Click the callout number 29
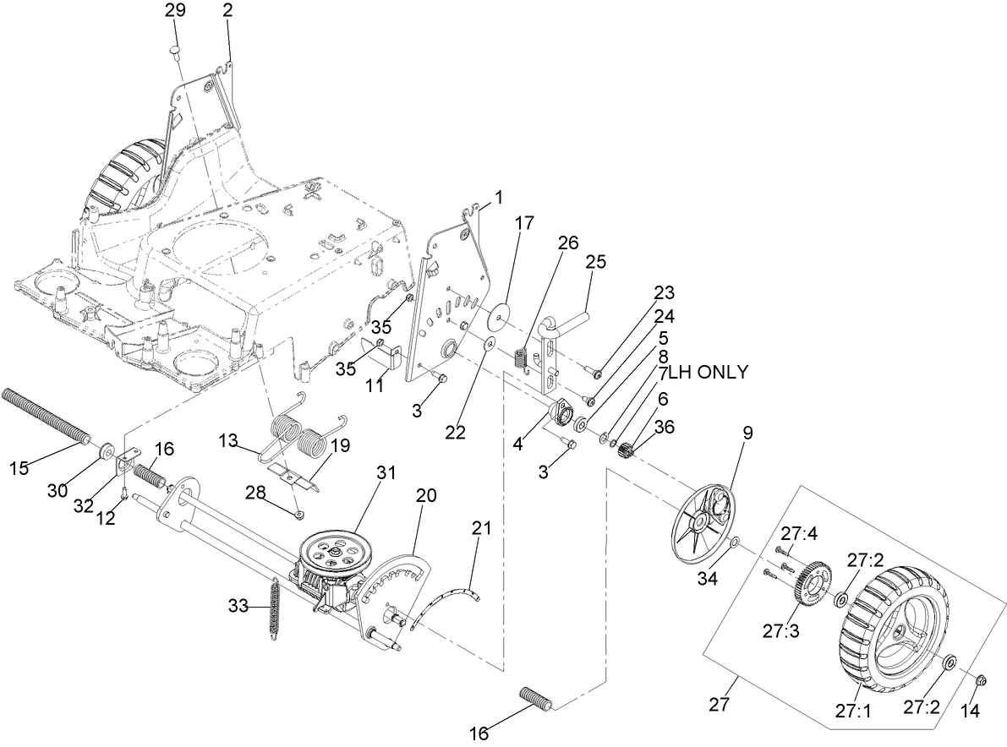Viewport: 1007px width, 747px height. click(x=175, y=12)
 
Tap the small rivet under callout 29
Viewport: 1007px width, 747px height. click(x=176, y=52)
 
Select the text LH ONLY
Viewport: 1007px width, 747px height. click(x=708, y=372)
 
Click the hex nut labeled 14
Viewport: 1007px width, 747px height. click(x=981, y=680)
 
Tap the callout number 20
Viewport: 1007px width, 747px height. click(x=426, y=496)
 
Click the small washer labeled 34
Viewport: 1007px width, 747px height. click(x=735, y=541)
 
